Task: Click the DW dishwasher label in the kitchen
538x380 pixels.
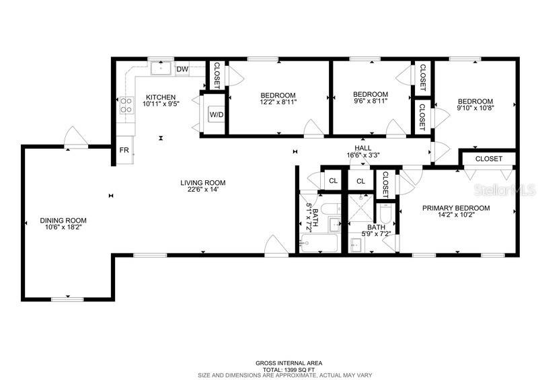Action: (x=182, y=69)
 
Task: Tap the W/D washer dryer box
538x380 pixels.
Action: (x=217, y=115)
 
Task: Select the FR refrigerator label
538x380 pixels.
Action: (x=124, y=150)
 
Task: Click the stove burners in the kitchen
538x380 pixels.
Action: (x=126, y=105)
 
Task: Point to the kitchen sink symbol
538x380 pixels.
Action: (x=161, y=69)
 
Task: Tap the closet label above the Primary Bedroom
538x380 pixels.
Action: (x=489, y=159)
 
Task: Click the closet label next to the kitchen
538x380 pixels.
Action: (x=217, y=75)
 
